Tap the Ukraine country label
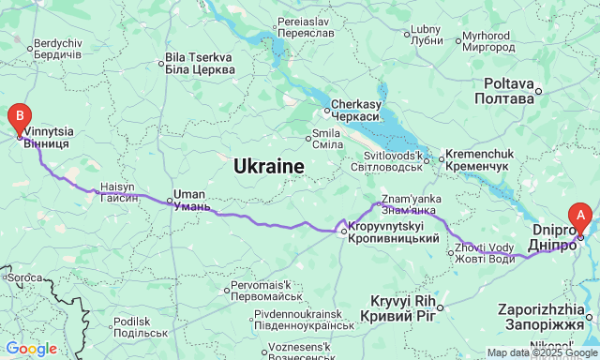point(268,166)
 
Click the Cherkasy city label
point(356,110)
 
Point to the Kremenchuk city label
point(476,158)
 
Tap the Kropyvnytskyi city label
point(393,232)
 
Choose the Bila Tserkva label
point(199,63)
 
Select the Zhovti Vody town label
point(485,252)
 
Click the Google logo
point(30,349)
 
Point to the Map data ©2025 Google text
point(542,353)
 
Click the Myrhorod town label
point(487,41)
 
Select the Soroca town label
point(25,278)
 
